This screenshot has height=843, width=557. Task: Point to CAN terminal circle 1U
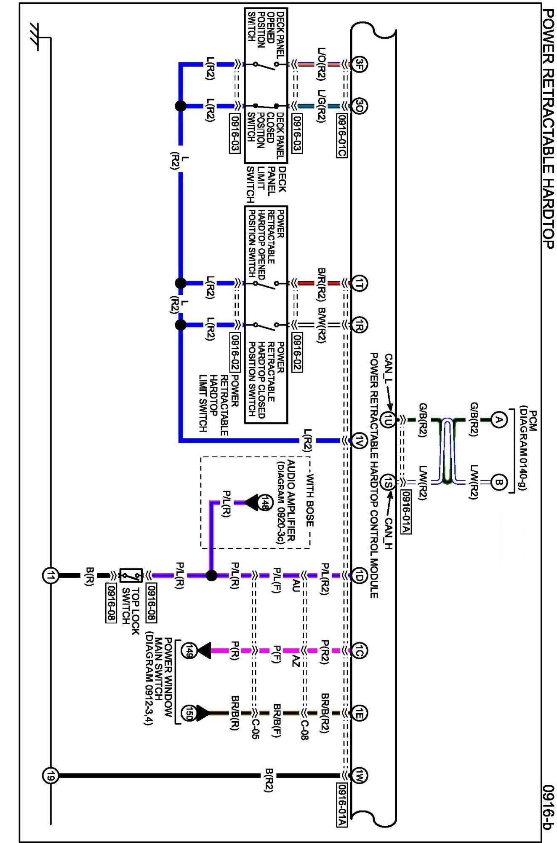coord(388,420)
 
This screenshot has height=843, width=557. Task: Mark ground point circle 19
coord(51,775)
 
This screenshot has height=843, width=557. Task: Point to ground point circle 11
coord(51,575)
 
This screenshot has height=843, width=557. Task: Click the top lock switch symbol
coord(131,575)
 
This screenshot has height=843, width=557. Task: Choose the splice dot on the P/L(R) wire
coord(211,575)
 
